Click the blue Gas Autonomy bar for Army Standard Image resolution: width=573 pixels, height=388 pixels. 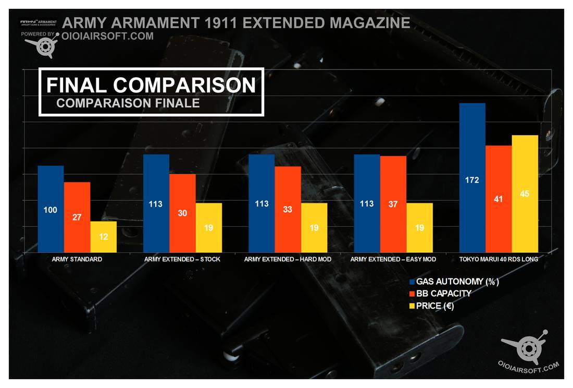[51, 209]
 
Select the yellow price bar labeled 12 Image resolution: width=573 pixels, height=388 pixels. [104, 237]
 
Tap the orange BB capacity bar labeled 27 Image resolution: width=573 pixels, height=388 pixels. [77, 217]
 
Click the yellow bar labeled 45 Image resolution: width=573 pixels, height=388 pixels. [525, 193]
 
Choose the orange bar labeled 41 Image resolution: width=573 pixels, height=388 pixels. [499, 199]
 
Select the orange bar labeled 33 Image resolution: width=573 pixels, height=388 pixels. [288, 209]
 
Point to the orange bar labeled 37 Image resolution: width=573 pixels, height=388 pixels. [393, 204]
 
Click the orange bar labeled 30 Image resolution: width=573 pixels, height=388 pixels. [182, 213]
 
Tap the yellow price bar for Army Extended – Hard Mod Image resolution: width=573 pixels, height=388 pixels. [314, 227]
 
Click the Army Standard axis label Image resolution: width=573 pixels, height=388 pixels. [77, 259]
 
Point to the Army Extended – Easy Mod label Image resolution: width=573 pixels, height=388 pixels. [393, 259]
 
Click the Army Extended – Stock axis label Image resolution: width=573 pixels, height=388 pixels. [182, 259]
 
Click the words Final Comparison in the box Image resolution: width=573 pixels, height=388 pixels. [151, 86]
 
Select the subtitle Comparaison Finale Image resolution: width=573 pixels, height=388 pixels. [128, 103]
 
